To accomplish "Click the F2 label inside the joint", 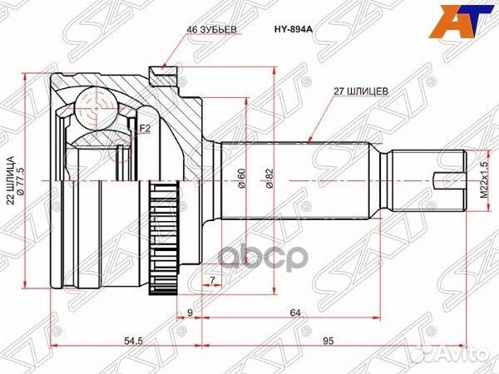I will click(144, 129).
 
